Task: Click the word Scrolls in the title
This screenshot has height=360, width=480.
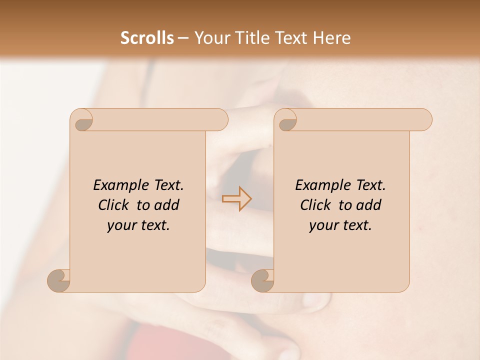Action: click(147, 38)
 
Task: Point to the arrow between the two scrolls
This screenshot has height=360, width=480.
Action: click(237, 199)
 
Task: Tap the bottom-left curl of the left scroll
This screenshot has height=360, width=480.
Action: click(59, 280)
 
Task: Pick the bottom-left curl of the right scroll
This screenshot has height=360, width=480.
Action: click(262, 280)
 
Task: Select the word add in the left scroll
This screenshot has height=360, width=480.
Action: click(167, 205)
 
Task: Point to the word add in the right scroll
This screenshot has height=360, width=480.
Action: click(369, 205)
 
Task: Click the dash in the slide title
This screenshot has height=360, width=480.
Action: click(183, 38)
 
